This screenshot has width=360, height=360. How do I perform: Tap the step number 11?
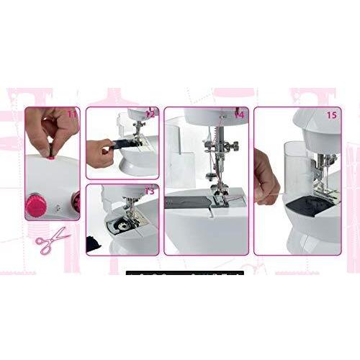72,113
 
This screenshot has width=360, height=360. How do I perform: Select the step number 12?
150,113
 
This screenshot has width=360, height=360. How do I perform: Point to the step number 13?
149,191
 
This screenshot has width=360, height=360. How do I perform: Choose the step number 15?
331,114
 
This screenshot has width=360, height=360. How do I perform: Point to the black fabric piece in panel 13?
94,243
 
